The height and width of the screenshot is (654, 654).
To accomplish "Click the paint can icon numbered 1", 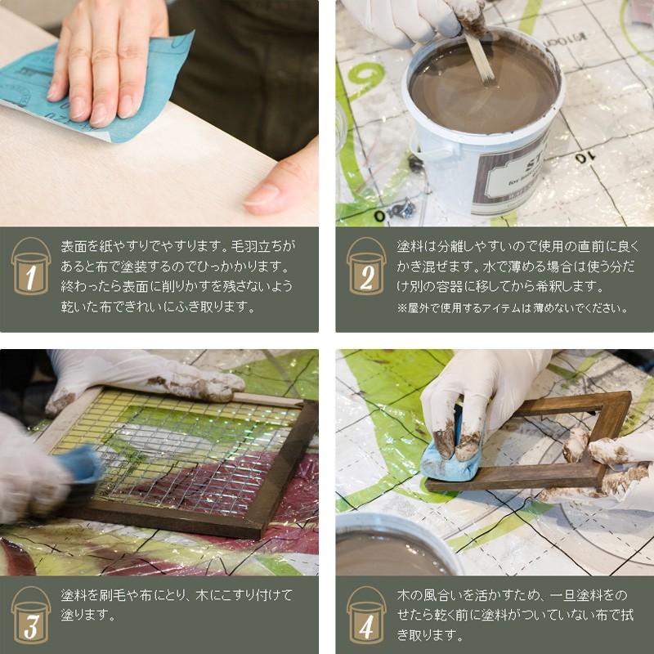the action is click(31, 267).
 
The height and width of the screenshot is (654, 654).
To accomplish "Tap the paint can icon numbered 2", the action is click(366, 267).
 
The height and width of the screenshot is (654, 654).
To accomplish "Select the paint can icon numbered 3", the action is click(31, 615).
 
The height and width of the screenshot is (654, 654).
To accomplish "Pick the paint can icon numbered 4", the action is click(366, 615).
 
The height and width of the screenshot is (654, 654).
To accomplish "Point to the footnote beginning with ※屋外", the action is click(513, 308).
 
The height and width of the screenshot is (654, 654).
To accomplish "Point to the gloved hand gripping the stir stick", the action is click(417, 21).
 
